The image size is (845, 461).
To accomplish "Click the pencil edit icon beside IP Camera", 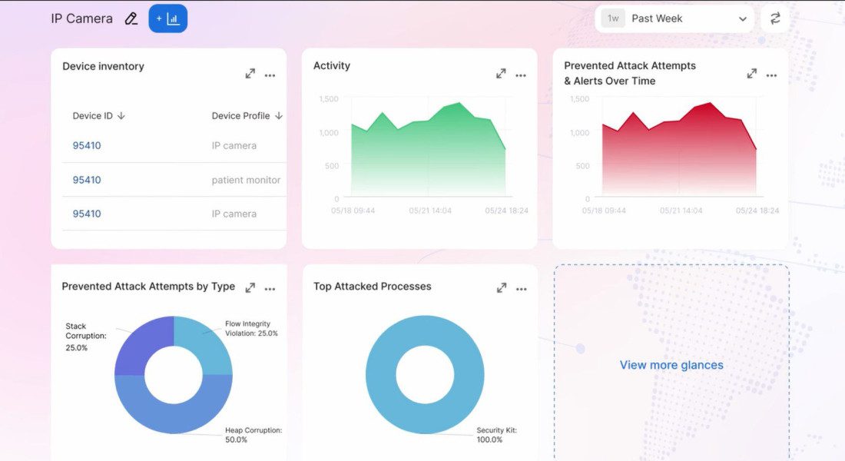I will click(131, 18).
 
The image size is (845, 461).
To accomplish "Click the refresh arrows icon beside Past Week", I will click(775, 18).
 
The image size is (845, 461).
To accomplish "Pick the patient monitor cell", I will click(246, 180).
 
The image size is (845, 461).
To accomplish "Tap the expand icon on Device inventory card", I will click(250, 75).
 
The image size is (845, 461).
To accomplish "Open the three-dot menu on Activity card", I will click(521, 75).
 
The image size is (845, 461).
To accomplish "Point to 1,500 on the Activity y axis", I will click(329, 99).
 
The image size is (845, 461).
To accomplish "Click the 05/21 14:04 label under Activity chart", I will click(430, 211).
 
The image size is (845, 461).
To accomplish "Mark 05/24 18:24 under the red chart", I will click(757, 211).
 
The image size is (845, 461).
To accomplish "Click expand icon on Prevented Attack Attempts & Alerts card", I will click(752, 74).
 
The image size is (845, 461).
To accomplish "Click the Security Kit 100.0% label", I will click(496, 435).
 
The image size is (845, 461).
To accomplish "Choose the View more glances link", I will click(671, 365).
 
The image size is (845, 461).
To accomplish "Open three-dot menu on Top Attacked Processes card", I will click(522, 289).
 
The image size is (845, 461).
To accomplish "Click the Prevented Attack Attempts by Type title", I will click(148, 287).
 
